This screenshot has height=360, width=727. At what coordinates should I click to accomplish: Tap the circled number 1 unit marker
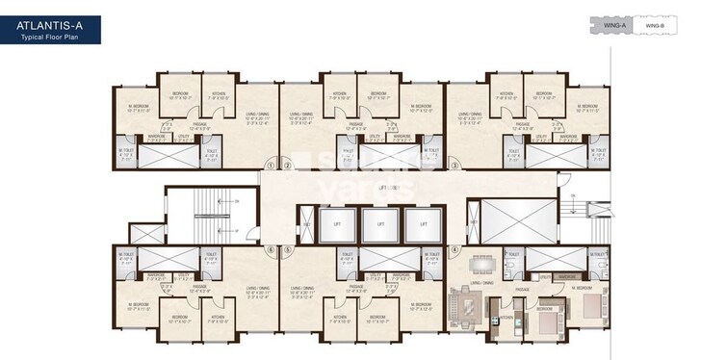coord(272,165)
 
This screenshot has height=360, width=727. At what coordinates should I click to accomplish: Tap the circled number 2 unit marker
coord(286,165)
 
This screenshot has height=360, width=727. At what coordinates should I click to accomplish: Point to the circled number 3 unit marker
coord(454,165)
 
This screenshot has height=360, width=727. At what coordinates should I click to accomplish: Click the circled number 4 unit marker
coord(454,249)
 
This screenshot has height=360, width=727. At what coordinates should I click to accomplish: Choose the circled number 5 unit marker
coord(286,249)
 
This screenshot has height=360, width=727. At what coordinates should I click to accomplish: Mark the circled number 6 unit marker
coord(272,249)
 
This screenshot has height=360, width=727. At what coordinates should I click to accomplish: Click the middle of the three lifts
coord(380,224)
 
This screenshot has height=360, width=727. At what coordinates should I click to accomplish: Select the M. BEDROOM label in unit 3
coord(587,108)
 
